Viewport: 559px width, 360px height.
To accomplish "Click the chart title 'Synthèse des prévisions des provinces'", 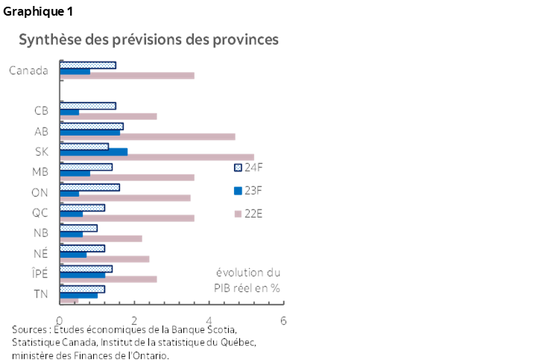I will coord(148,40).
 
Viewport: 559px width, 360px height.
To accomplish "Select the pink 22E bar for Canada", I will coord(127,76).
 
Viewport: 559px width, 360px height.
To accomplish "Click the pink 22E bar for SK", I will coord(157,157).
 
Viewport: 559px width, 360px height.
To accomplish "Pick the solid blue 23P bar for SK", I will coord(94,151).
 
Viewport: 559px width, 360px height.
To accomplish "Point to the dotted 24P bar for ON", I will coord(89,187).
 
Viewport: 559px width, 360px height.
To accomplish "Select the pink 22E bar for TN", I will coord(69,300).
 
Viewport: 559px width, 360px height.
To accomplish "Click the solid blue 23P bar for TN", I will coord(79,295).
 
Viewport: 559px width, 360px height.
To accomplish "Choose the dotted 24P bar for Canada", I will coord(87,66).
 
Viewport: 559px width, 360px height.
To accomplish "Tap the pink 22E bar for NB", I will coord(101,239).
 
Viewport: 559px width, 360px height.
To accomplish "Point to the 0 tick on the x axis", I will coord(60,321).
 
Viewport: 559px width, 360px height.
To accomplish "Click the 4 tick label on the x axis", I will coord(209,321).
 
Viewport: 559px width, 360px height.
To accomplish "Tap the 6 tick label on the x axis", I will coord(283,321).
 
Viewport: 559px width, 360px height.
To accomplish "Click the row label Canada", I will coord(29,71).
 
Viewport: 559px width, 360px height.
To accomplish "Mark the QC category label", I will coord(40,212).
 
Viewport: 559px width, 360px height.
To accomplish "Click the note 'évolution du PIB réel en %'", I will coord(247,280).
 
